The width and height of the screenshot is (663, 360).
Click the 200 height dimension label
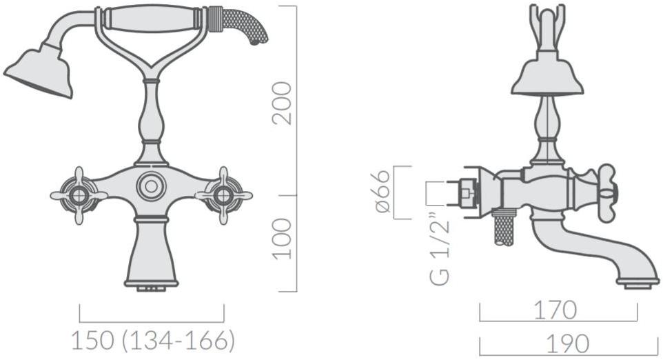click(x=282, y=103)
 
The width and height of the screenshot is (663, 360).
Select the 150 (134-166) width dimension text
click(x=152, y=340)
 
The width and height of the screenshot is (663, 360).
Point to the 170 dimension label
click(x=555, y=310)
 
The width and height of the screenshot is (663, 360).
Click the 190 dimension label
click(x=568, y=343)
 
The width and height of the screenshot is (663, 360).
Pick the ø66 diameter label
click(x=382, y=192)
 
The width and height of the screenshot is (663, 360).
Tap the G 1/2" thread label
click(x=440, y=249)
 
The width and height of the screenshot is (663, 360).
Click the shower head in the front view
click(x=39, y=72)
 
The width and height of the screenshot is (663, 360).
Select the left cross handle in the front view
click(x=79, y=195)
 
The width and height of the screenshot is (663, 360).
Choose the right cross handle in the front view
click(x=223, y=195)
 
